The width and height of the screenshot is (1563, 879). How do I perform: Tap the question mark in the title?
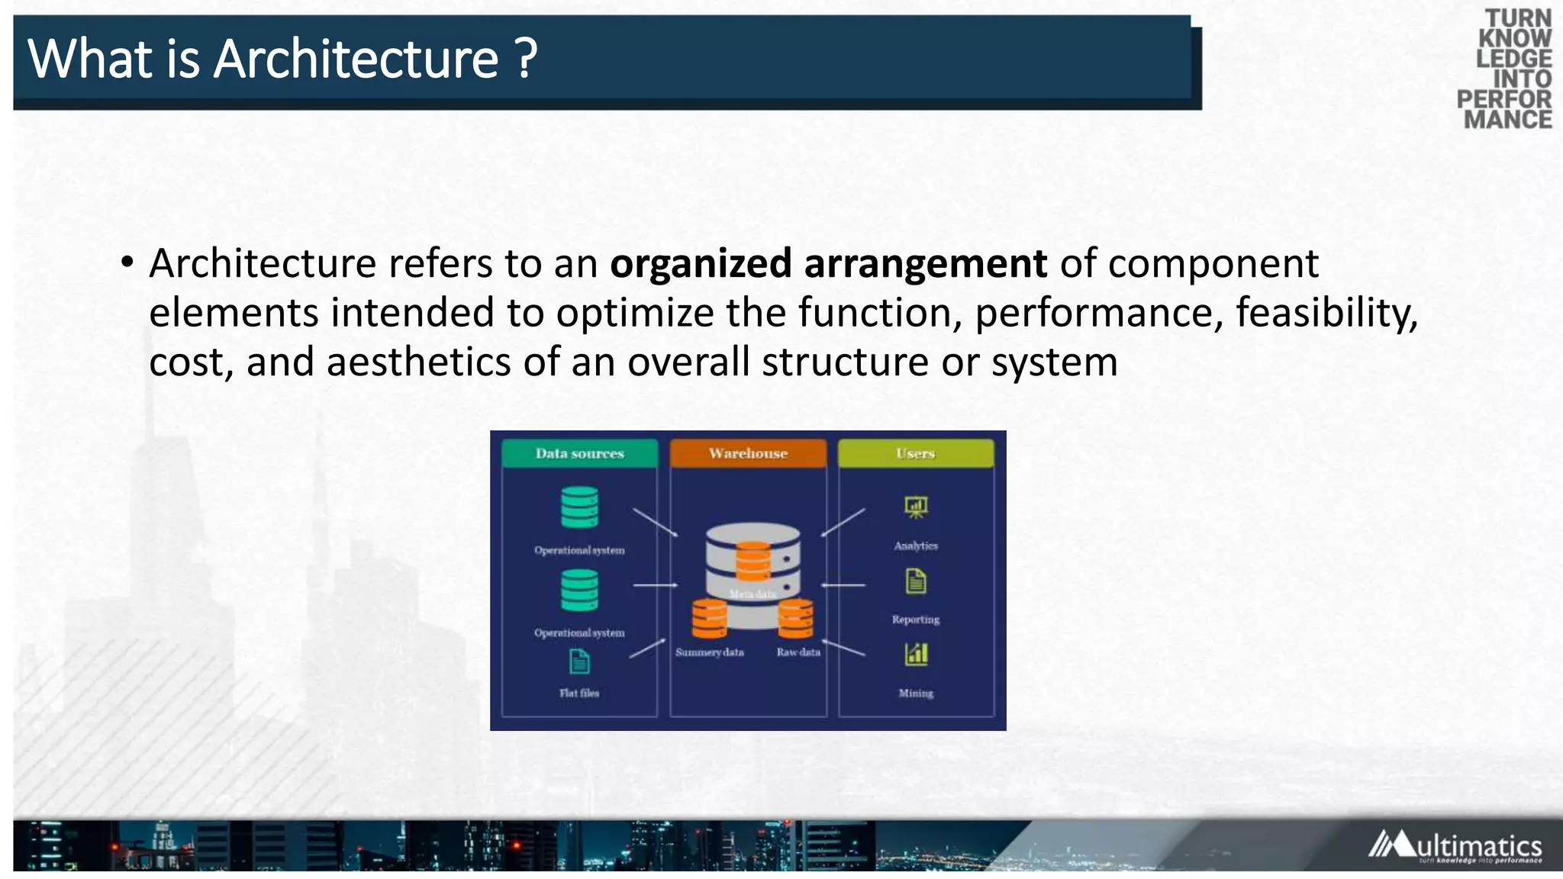tap(526, 60)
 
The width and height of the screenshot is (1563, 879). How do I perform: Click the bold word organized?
tap(701, 264)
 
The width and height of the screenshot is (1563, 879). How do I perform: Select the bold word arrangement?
tap(925, 264)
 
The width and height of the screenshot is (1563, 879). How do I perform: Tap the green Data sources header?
tap(579, 453)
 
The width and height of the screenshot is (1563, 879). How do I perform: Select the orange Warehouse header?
tap(748, 453)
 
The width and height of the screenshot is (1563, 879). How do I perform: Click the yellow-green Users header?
tap(916, 453)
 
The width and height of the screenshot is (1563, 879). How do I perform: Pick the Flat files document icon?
tap(579, 662)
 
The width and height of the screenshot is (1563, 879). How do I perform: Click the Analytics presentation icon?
tap(916, 507)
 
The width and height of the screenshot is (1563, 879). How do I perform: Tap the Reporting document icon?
tap(916, 581)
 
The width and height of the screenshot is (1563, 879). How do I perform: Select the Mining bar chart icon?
tap(916, 654)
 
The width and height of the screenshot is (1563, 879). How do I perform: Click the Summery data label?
tap(709, 652)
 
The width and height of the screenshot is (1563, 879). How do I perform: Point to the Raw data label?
tap(798, 652)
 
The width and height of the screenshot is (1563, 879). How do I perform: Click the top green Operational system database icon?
tap(579, 507)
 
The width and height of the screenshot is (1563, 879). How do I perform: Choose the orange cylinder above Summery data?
tap(709, 618)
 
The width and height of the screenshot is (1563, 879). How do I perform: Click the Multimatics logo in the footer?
tap(1455, 846)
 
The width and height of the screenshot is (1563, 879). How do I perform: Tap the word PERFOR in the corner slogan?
tap(1503, 99)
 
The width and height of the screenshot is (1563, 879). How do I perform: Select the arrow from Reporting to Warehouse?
tap(843, 585)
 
